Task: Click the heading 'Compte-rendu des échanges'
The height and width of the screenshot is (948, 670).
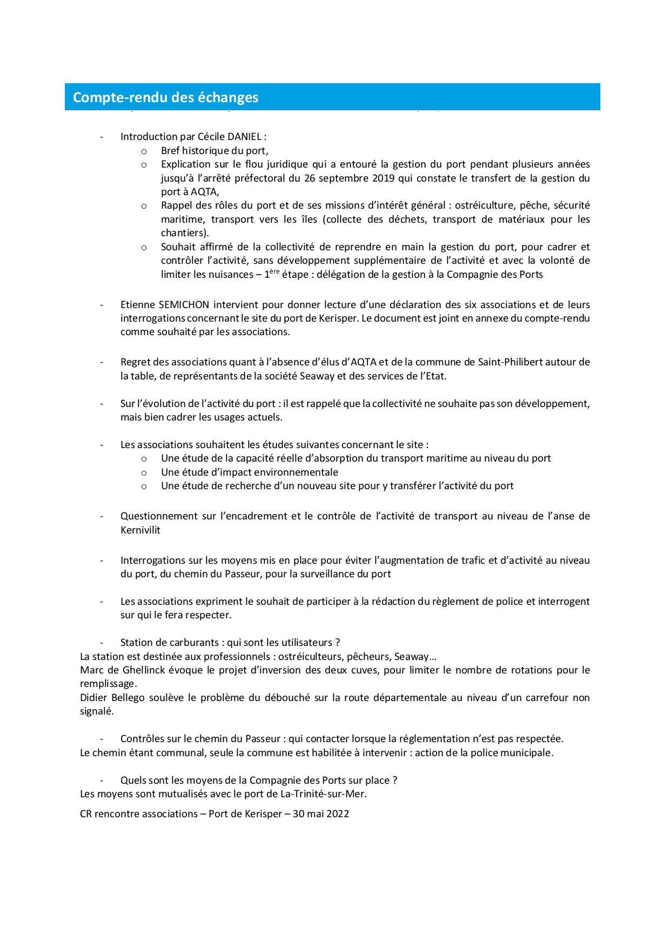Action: [x=165, y=97]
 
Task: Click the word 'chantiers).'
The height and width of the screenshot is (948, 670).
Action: [x=185, y=233]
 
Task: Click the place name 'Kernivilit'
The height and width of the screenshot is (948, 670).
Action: [x=140, y=530]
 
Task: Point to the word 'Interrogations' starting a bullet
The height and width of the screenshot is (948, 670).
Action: [x=152, y=560]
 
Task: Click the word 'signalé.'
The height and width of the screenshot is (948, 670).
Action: [x=97, y=711]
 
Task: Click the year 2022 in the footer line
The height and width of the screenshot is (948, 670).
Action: [x=337, y=813]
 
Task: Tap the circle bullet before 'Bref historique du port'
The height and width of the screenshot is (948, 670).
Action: [x=144, y=151]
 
